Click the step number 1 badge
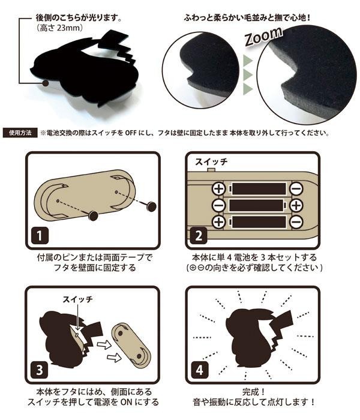coord(38,236)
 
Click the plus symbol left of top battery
coord(218,190)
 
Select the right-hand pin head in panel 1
coord(149,206)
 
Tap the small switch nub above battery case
coord(211,170)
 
